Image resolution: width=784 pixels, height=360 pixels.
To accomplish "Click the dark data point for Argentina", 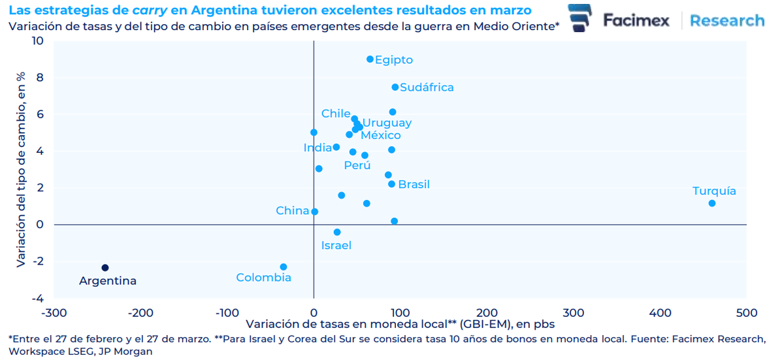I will point(105,268).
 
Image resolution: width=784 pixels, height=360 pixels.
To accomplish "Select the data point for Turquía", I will point(711,203).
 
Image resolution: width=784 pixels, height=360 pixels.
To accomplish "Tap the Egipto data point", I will point(370,59).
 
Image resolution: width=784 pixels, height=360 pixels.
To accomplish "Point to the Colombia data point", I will point(284,267).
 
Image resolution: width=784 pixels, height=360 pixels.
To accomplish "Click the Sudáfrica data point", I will point(395,87).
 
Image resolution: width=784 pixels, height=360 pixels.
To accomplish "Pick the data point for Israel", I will point(337,232).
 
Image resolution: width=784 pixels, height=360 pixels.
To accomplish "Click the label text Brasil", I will point(414,184).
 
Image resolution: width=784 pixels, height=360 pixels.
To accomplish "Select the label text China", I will point(292,210).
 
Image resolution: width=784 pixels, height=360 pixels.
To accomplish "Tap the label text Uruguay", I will point(387,123).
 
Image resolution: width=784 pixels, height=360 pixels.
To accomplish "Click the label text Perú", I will point(357,165).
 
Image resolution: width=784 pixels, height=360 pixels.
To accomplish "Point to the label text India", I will point(318,148).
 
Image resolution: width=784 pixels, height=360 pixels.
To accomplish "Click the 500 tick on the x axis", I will point(746,313).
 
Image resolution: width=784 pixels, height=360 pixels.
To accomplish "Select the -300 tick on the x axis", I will point(54,313).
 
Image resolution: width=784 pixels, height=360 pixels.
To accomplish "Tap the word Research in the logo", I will point(727,20).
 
